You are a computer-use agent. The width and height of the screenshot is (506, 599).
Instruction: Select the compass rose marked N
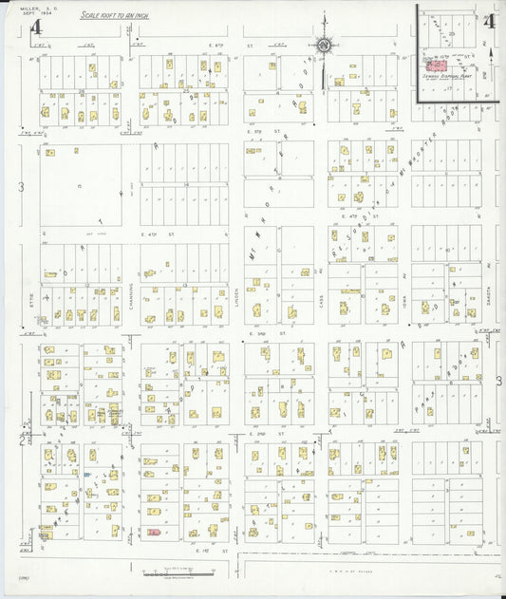tap(323, 44)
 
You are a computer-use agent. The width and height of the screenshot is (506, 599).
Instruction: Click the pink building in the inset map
tap(440, 65)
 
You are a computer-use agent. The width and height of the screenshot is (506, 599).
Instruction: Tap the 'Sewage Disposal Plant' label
tap(445, 77)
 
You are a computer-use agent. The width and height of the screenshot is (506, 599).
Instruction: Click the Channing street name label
tap(130, 294)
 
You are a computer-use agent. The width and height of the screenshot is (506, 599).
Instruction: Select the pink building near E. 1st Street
tap(153, 533)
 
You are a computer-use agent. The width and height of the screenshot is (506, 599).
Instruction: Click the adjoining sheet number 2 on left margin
tap(22, 440)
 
